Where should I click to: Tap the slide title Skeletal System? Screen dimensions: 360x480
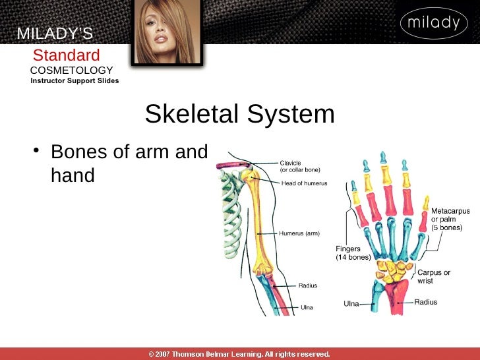click(x=239, y=115)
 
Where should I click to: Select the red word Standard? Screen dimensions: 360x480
click(x=67, y=55)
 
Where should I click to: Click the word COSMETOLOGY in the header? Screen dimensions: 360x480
click(x=72, y=71)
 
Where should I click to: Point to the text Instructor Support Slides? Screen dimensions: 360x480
click(x=75, y=81)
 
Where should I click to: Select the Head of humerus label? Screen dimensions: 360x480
click(x=304, y=183)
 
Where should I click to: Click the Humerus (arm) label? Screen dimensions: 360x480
click(x=299, y=233)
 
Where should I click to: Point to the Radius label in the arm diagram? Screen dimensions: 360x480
click(x=308, y=285)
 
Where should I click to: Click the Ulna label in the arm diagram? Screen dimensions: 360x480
click(x=307, y=307)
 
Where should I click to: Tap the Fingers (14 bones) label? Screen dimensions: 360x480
click(x=353, y=253)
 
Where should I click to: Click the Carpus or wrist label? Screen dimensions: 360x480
click(x=434, y=276)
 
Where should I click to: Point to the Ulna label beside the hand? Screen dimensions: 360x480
click(x=351, y=304)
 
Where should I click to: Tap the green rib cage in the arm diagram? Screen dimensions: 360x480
click(x=231, y=211)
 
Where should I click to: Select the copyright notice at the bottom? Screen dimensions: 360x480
click(x=239, y=354)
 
